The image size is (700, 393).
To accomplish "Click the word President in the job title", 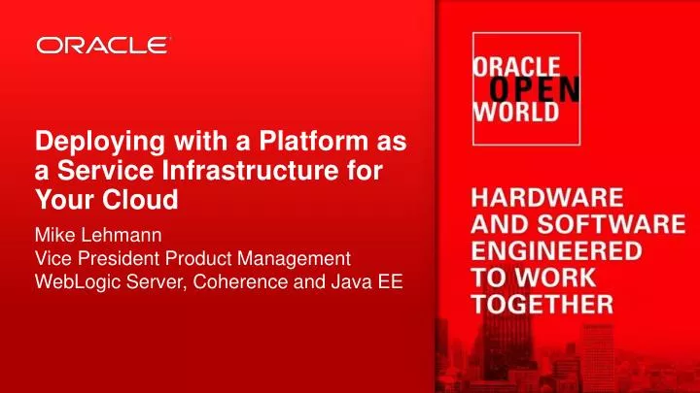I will (118, 259).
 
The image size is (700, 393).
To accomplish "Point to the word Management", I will (297, 259).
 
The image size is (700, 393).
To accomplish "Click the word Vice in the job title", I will (52, 259).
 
